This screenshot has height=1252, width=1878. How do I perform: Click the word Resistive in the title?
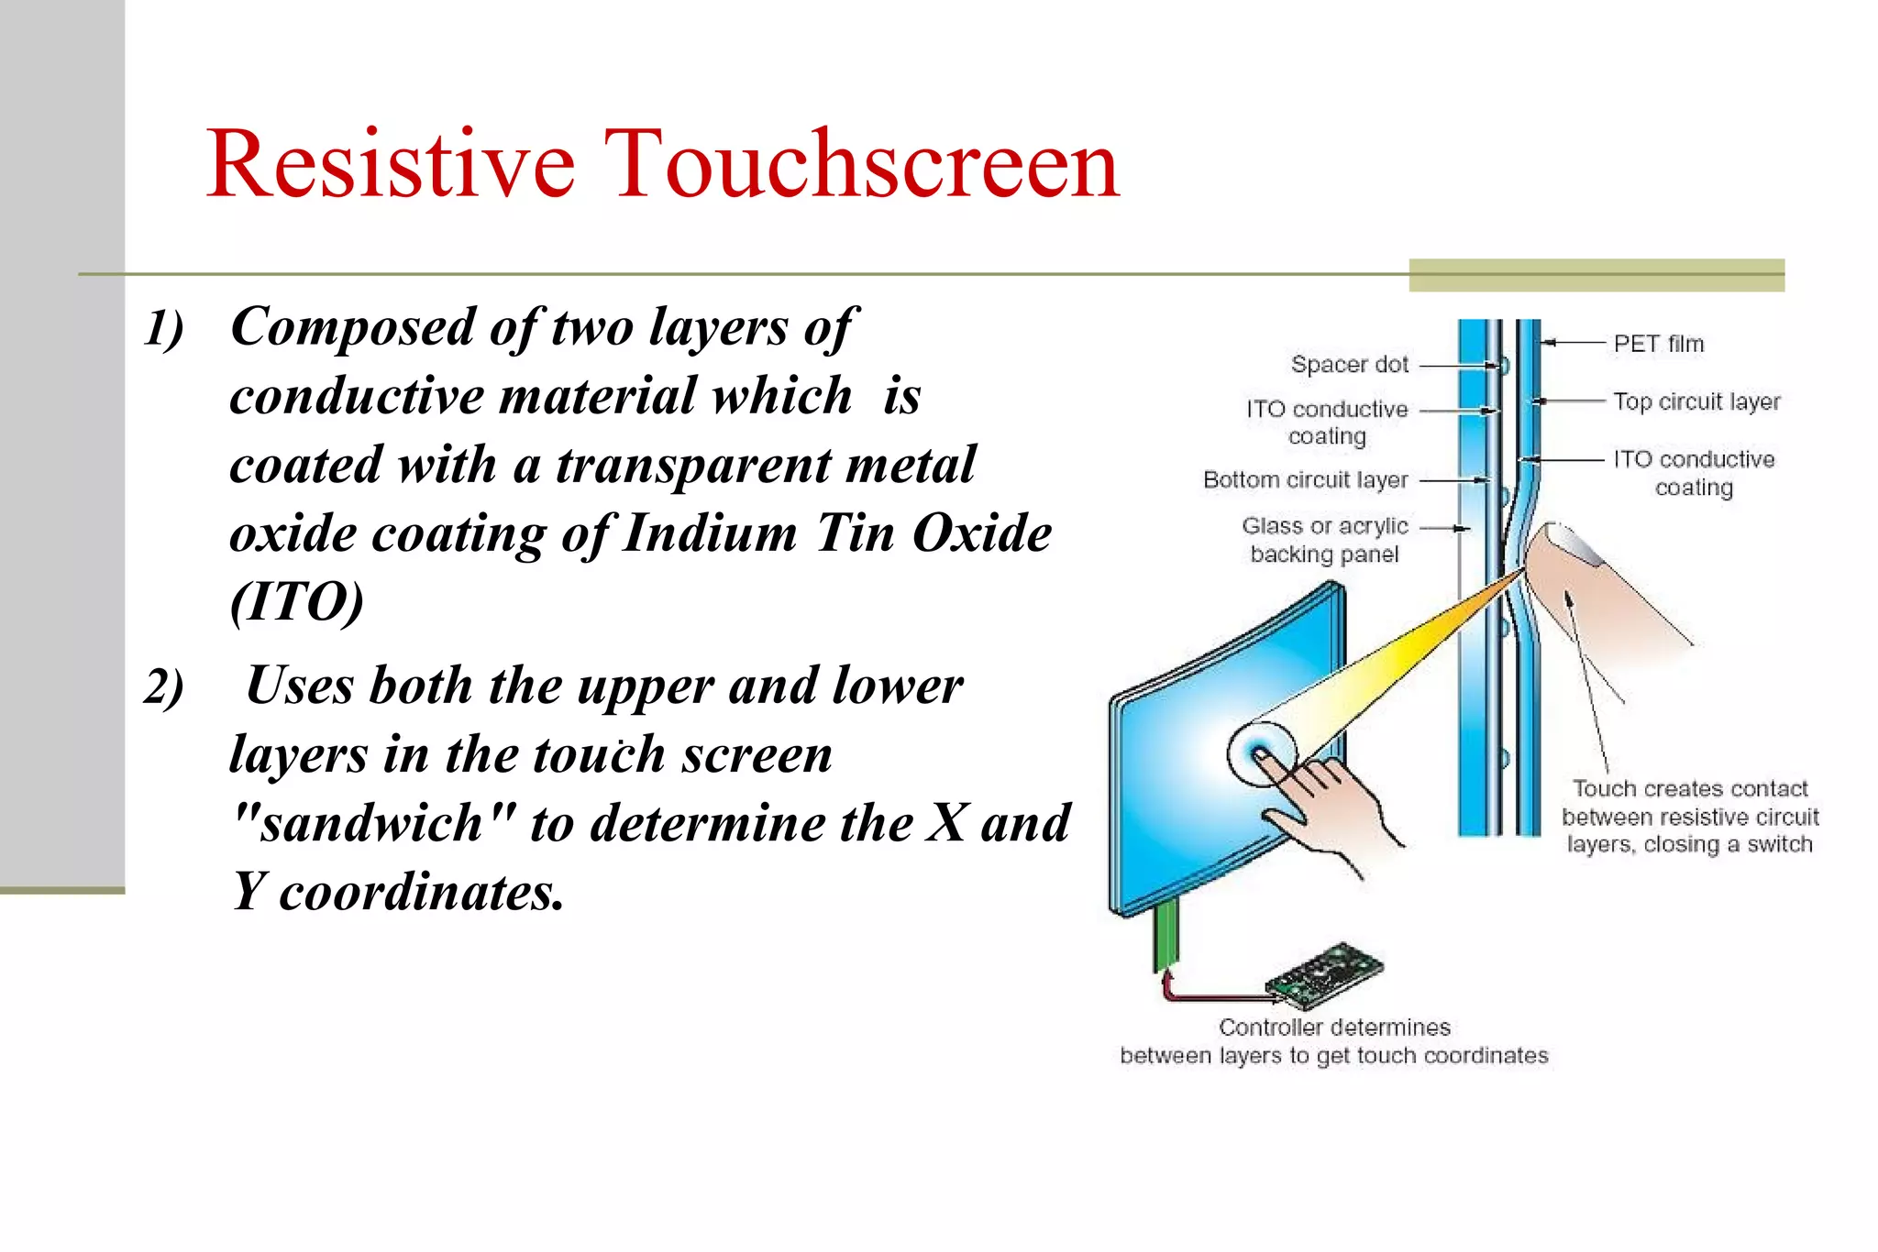click(391, 165)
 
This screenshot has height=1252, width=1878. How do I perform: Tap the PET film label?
click(1658, 344)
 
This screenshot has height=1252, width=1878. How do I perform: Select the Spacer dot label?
click(1349, 365)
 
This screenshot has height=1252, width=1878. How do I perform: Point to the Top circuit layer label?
click(1696, 401)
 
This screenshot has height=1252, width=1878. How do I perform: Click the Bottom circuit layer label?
click(1305, 480)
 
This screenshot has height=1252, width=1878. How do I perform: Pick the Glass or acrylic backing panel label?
click(1324, 540)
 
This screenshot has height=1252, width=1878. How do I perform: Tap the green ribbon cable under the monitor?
click(1165, 935)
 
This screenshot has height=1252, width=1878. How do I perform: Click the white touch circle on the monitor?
click(1263, 753)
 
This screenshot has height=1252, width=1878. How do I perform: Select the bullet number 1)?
click(163, 328)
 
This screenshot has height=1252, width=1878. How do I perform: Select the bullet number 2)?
click(163, 687)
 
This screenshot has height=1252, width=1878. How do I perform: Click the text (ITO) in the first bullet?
click(296, 602)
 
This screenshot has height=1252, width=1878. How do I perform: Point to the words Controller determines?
click(1334, 1027)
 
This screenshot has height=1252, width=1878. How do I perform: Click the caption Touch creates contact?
click(1689, 789)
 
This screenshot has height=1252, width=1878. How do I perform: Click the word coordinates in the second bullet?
click(421, 892)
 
